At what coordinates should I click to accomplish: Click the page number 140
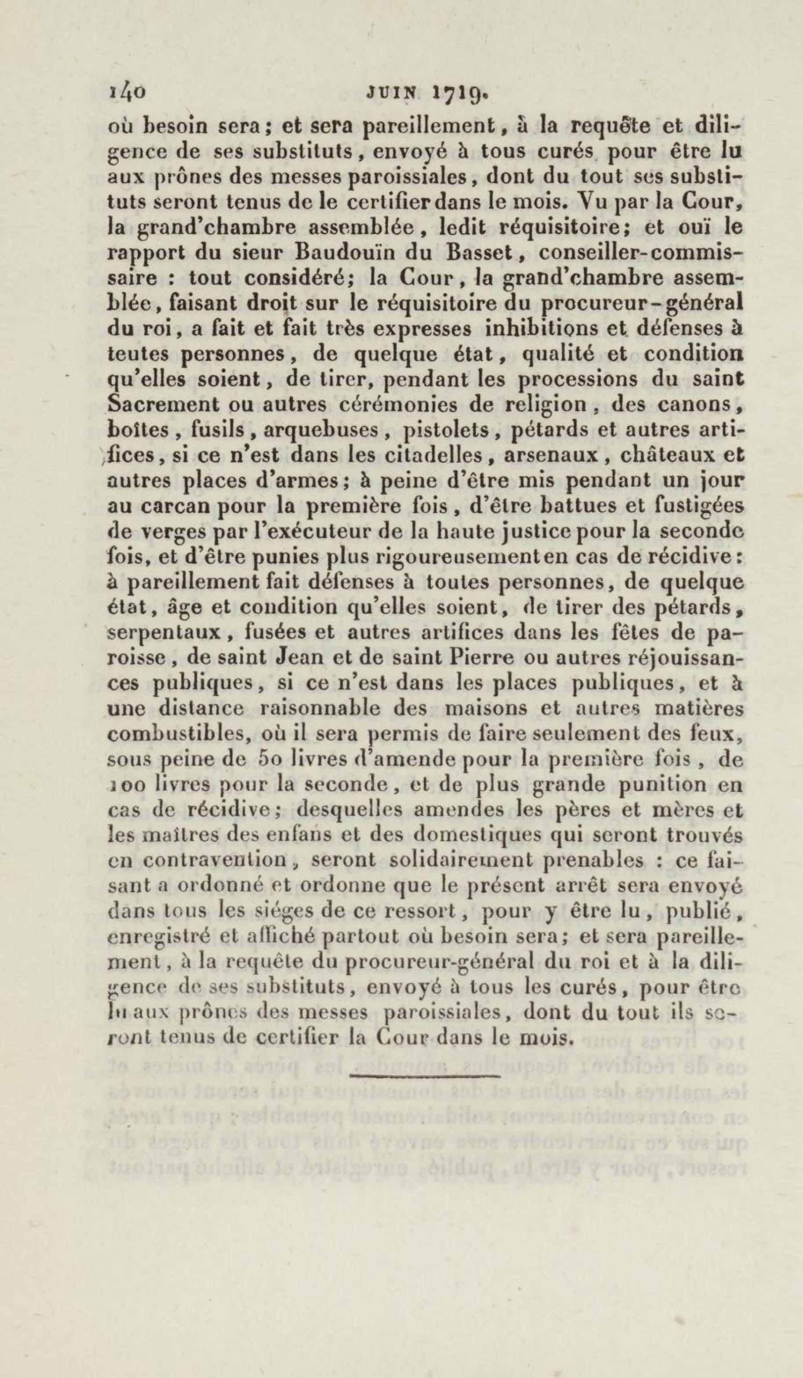tap(127, 94)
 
